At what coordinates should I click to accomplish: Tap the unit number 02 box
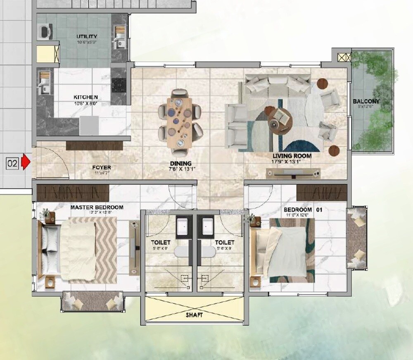tap(12, 163)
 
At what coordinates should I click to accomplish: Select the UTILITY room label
tap(87, 37)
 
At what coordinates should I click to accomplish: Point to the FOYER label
tap(101, 167)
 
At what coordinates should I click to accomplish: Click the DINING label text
tap(180, 163)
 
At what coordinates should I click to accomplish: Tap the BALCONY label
tap(366, 101)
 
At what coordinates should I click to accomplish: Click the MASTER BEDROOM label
tap(97, 207)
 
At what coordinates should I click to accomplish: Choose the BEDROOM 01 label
tap(303, 210)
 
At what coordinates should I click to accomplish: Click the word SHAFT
tap(194, 315)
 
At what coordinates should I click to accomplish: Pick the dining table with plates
tap(180, 122)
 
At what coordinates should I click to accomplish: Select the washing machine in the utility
tap(45, 31)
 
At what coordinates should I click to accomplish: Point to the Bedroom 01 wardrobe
tap(322, 192)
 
